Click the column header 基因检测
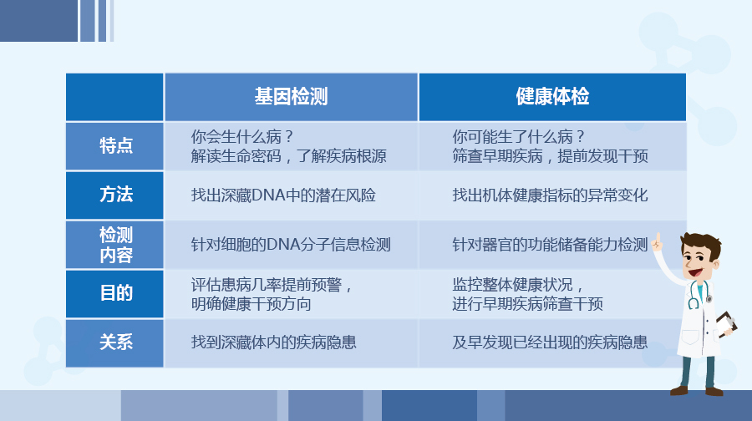(291, 97)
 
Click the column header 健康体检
(552, 97)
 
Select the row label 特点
(115, 145)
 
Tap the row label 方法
(115, 195)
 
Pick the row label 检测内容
(115, 244)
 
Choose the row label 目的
(115, 293)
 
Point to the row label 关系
(115, 342)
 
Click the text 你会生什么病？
(242, 136)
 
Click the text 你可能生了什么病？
(518, 136)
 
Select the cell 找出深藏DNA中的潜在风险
(283, 195)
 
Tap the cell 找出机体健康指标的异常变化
(551, 195)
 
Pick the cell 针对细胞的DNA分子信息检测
(291, 245)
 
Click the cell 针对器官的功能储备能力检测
(551, 245)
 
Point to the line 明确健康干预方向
(252, 303)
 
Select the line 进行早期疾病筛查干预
(528, 303)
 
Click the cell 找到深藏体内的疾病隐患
(274, 342)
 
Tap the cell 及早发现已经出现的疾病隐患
(551, 342)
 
